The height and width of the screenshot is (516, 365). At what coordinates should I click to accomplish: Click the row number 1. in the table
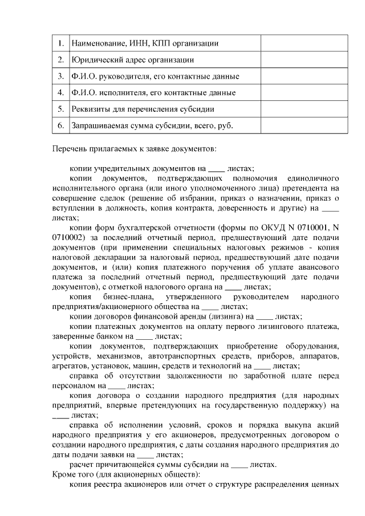[x=60, y=43]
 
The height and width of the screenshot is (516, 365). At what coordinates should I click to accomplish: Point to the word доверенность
[x=252, y=208]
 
